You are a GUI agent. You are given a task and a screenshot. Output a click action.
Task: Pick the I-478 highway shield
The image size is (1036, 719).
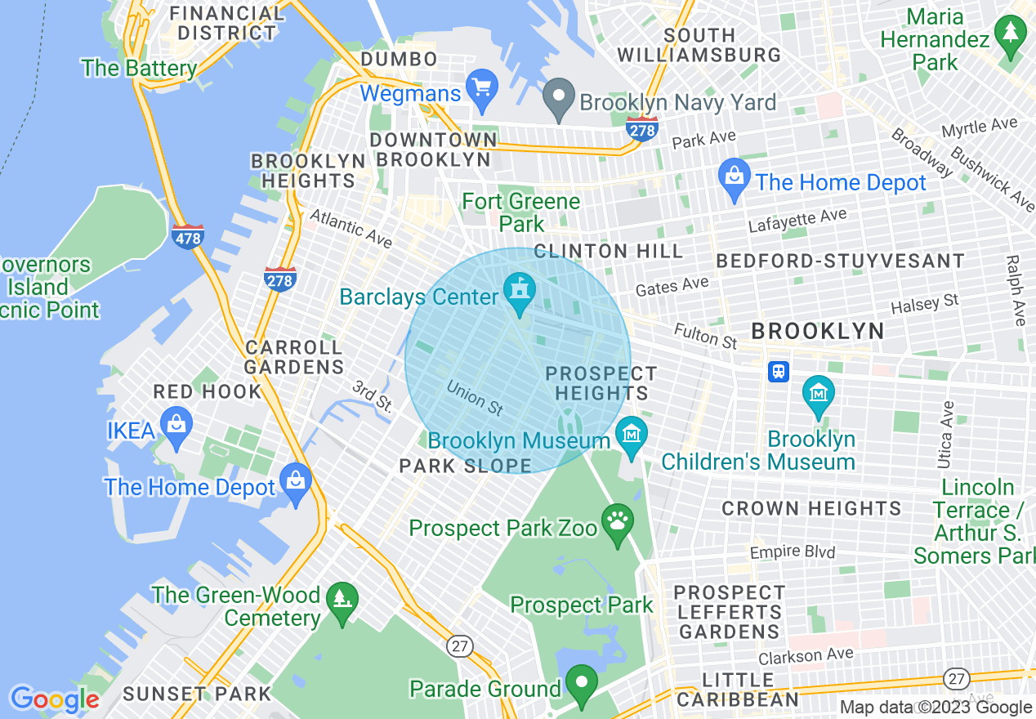188,237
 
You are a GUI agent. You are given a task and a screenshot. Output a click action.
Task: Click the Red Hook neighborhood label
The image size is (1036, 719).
208,391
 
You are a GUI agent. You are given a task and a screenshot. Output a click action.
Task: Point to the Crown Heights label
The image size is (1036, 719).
810,508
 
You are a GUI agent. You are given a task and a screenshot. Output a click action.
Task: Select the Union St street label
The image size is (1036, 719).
475,395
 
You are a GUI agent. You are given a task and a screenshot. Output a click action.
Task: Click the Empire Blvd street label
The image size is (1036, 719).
792,552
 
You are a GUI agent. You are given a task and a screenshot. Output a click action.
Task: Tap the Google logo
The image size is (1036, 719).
55,699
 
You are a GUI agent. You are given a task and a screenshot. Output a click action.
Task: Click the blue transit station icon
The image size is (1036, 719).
779,372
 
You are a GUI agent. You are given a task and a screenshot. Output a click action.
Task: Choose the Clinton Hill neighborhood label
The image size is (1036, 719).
608,251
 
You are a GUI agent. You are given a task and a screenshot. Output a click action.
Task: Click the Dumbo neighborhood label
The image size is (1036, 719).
399,59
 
